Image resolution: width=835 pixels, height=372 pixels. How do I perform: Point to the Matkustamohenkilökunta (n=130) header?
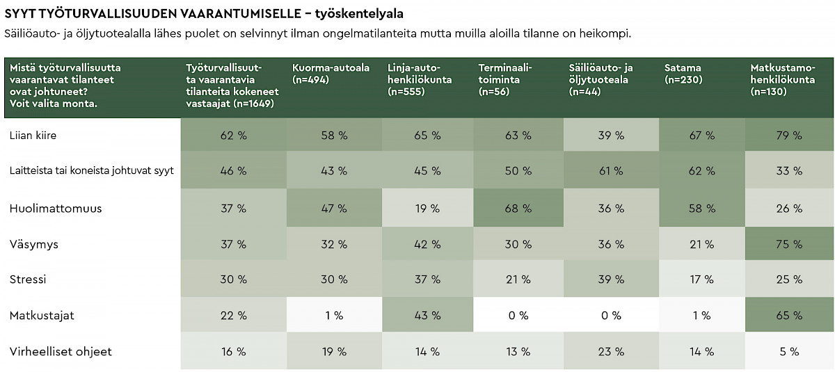[x=783, y=79]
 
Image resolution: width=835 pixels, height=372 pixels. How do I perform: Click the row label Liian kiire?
[x=33, y=136]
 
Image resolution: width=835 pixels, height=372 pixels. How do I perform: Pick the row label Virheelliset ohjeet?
[x=61, y=352]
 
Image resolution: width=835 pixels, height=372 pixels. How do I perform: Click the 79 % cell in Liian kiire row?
[x=789, y=136]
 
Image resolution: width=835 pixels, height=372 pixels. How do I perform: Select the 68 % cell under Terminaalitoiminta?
[x=518, y=208]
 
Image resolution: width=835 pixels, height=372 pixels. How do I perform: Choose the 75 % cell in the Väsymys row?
[x=789, y=244]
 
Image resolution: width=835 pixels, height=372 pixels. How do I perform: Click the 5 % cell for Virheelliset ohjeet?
[x=789, y=352]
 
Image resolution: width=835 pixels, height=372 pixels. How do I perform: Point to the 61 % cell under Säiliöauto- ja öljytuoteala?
[x=610, y=170]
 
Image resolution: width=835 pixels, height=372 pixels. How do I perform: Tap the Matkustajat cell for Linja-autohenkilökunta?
[x=427, y=316]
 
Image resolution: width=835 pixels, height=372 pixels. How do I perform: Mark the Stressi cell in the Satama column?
[x=701, y=280]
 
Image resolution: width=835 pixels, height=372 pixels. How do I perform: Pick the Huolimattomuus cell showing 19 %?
[x=427, y=208]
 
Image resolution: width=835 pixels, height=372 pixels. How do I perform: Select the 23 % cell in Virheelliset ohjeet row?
[x=610, y=352]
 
